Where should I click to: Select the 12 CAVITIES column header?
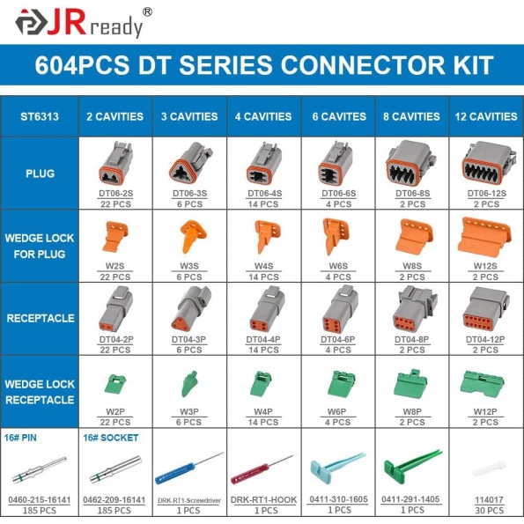tap(486, 116)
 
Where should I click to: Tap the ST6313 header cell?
tap(40, 116)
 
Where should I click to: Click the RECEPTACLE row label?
tap(41, 318)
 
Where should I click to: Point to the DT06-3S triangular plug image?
tap(190, 163)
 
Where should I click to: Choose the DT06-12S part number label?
tap(486, 194)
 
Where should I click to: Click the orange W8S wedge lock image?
tap(414, 238)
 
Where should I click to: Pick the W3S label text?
tap(189, 266)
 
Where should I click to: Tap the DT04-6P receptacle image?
tap(340, 309)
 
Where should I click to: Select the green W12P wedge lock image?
tap(483, 384)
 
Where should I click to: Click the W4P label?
tap(263, 412)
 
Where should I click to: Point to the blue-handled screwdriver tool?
tap(188, 469)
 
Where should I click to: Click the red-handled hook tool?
tap(263, 469)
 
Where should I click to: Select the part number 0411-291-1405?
tap(410, 499)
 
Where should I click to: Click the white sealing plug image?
tap(490, 469)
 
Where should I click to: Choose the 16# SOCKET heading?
tap(111, 438)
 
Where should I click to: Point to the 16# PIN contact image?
tap(40, 469)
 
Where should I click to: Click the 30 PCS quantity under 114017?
tap(490, 510)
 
